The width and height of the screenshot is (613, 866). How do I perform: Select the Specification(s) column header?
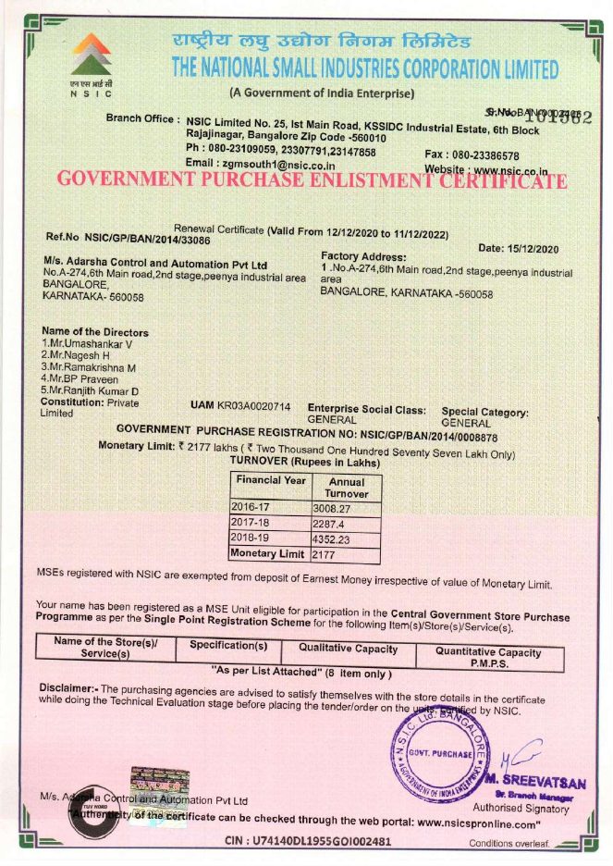(x=228, y=645)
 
